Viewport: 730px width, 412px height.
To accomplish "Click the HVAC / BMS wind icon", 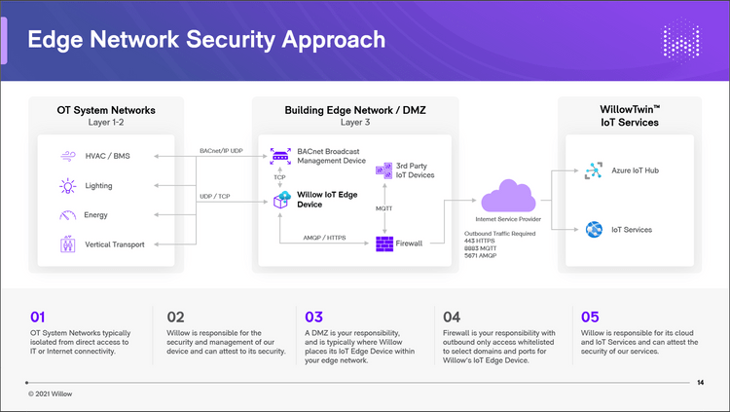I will tap(68, 156).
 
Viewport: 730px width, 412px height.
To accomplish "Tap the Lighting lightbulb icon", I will tap(68, 185).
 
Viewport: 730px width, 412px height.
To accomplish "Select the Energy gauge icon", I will tap(68, 214).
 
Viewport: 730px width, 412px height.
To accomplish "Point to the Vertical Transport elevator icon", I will tap(68, 243).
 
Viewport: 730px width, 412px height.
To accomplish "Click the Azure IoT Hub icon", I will tap(592, 171).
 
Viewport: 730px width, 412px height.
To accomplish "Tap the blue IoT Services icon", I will tap(592, 230).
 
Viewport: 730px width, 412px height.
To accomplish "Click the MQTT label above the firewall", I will tap(384, 207).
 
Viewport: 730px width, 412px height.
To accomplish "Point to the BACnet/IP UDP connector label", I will tap(221, 151).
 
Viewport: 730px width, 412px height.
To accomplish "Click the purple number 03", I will tap(313, 317).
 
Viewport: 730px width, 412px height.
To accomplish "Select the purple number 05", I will tap(590, 317).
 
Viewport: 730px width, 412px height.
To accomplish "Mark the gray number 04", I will tap(452, 317).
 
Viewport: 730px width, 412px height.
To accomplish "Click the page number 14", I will tap(701, 382).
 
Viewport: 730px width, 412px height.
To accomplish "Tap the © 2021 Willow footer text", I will tap(56, 393).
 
